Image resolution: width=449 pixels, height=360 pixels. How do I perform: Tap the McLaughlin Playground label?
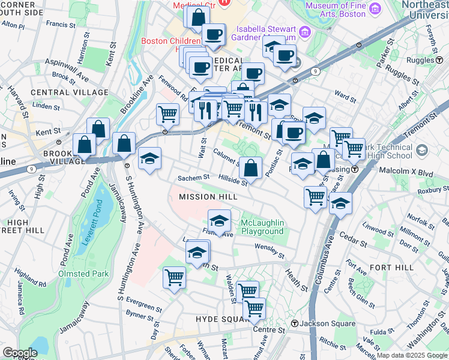point(262,227)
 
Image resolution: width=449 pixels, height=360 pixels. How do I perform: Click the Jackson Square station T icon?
point(295,324)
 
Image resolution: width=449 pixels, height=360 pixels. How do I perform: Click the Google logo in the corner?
point(19,353)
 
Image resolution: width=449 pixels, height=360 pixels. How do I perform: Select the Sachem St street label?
point(193,178)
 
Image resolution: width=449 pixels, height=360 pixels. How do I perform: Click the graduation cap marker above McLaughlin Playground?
point(219,220)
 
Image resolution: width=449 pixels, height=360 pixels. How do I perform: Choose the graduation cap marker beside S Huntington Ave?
point(149,158)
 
